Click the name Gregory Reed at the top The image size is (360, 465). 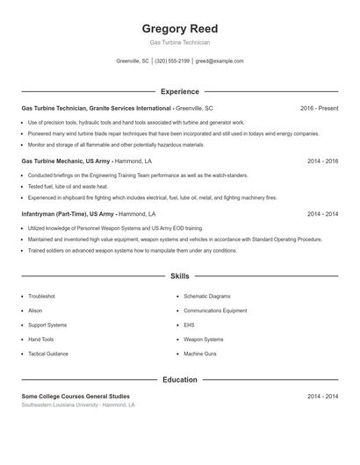(179, 28)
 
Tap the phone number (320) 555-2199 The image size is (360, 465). (171, 61)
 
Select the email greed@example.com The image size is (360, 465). (219, 61)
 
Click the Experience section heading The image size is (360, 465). (179, 91)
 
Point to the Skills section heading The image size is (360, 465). (179, 276)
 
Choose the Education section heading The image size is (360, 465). (179, 380)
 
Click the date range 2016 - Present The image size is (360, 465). (319, 108)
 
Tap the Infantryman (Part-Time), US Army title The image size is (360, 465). (68, 214)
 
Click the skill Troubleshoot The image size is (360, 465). (41, 297)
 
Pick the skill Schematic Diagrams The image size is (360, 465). (206, 297)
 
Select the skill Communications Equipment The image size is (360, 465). (215, 311)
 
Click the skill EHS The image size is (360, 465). (189, 325)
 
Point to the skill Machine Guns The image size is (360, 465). (201, 354)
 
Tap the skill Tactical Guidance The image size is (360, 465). (47, 354)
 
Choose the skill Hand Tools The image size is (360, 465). (40, 340)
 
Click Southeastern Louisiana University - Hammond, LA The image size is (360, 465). (78, 405)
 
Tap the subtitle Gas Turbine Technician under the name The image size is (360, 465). (179, 42)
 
